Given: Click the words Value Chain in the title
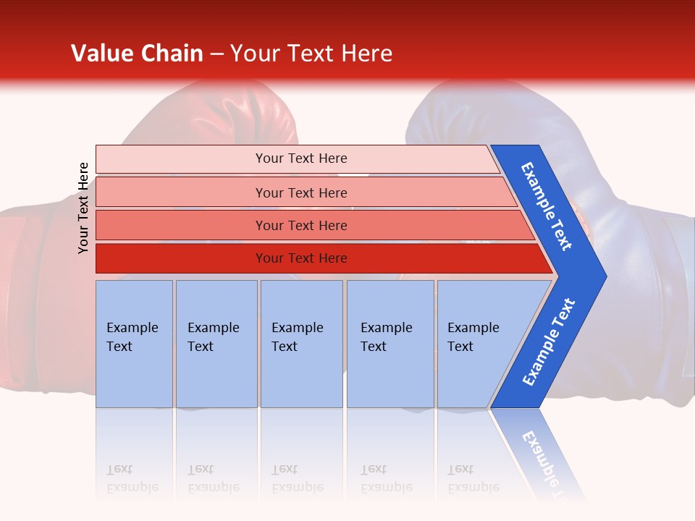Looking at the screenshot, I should pos(137,54).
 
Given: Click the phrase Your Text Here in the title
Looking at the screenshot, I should pos(311,54).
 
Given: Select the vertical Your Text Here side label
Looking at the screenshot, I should pos(83,208).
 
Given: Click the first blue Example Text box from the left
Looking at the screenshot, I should pos(134,344).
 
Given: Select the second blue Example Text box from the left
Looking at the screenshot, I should pos(216,344).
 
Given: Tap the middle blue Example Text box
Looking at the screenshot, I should pos(301,344).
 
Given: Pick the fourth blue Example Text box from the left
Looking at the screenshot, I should pos(390,344).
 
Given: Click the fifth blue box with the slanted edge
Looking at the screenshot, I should pos(481,344).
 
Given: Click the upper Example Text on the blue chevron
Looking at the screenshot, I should pos(547,206).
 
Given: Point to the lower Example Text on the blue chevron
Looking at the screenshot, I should pos(549,342).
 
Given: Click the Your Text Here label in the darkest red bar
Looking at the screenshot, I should pos(301,258).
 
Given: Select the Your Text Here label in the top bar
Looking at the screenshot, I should pos(301,158).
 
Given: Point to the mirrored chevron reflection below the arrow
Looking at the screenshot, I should pos(539,452).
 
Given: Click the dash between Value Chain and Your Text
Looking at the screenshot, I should pos(216,54).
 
